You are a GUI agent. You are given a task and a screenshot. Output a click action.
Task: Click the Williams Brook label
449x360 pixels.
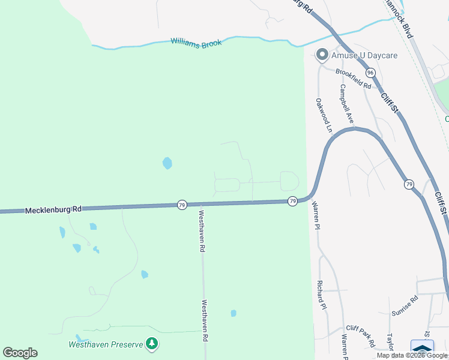(x=196, y=43)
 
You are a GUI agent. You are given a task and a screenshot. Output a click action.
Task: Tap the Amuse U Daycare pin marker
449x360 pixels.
(x=322, y=55)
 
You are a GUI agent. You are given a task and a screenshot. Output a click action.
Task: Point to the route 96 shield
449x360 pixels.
(x=370, y=73)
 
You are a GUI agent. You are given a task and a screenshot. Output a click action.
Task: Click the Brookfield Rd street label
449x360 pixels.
(x=353, y=79)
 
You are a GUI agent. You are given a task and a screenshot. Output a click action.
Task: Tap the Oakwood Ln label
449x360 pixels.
(x=324, y=115)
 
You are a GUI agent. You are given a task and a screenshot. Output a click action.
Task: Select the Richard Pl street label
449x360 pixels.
(x=322, y=295)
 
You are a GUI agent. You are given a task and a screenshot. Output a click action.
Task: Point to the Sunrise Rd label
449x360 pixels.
(x=405, y=305)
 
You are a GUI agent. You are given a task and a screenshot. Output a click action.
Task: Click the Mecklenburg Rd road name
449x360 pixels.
(x=53, y=210)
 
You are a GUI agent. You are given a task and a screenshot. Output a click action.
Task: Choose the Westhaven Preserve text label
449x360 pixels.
(x=105, y=344)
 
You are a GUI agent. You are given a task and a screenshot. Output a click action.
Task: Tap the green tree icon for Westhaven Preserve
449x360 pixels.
(x=152, y=343)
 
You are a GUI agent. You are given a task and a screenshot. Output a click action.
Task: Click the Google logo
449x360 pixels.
(x=20, y=353)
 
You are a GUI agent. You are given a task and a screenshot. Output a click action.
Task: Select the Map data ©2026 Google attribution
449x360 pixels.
(x=412, y=355)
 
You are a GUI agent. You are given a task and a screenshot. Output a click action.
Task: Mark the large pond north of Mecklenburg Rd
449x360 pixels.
(x=167, y=163)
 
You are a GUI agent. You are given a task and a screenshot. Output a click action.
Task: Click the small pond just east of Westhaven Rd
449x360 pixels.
(x=234, y=313)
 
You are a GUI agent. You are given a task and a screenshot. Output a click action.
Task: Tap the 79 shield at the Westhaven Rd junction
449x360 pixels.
(x=181, y=205)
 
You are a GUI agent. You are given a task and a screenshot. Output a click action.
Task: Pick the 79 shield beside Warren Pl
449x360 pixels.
(x=292, y=201)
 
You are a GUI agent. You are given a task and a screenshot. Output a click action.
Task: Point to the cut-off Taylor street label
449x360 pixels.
(x=390, y=343)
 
